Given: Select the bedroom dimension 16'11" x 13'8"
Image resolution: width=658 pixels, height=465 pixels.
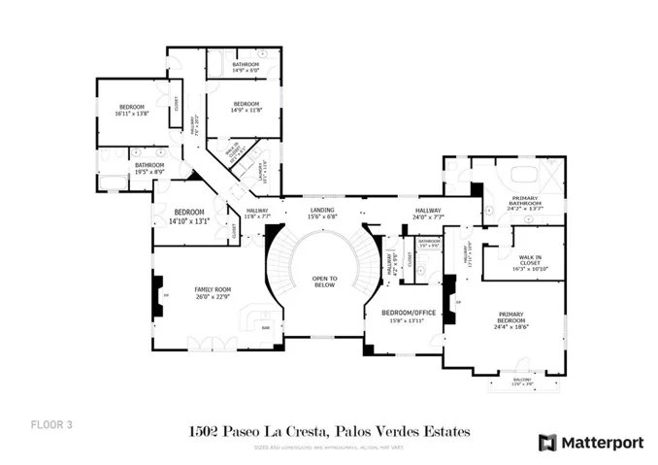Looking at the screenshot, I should tap(133, 115).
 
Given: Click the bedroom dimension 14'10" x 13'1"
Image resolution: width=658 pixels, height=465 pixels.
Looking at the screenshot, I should tap(189, 220).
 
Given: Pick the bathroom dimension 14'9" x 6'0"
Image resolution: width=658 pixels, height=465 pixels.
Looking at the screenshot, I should tap(246, 71).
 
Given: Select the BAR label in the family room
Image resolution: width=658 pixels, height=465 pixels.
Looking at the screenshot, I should tap(266, 327).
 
